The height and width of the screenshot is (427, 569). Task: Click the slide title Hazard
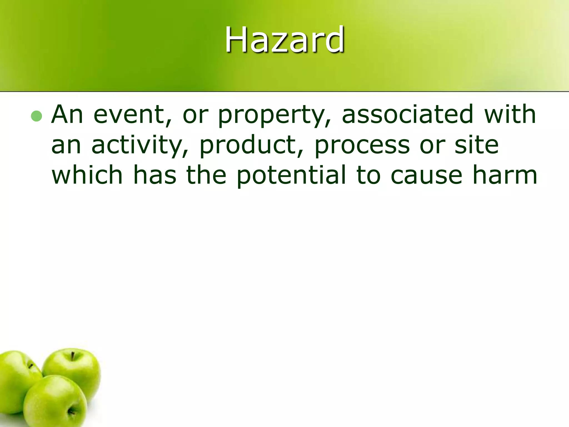pyautogui.click(x=284, y=39)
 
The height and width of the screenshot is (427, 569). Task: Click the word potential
pyautogui.click(x=291, y=175)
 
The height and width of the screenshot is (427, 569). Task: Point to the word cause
pyautogui.click(x=426, y=175)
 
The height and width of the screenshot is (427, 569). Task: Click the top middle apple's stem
pyautogui.click(x=73, y=356)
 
